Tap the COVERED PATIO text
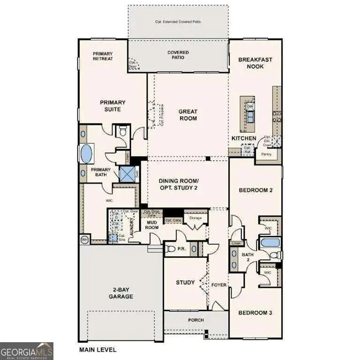pos(178,55)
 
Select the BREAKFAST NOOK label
pos(255,63)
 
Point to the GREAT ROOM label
pos(188,115)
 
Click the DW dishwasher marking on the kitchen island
pos(250,106)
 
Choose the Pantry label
pos(266,154)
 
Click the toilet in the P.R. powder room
pos(171,248)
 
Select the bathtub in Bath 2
pos(270,243)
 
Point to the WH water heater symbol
pos(85,239)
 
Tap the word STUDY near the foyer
pos(185,283)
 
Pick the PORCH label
pos(189,321)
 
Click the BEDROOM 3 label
pos(255,313)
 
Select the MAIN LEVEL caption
pos(97,349)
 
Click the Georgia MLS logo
pos(27,351)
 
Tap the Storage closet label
pos(195,218)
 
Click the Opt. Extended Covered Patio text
pos(178,22)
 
